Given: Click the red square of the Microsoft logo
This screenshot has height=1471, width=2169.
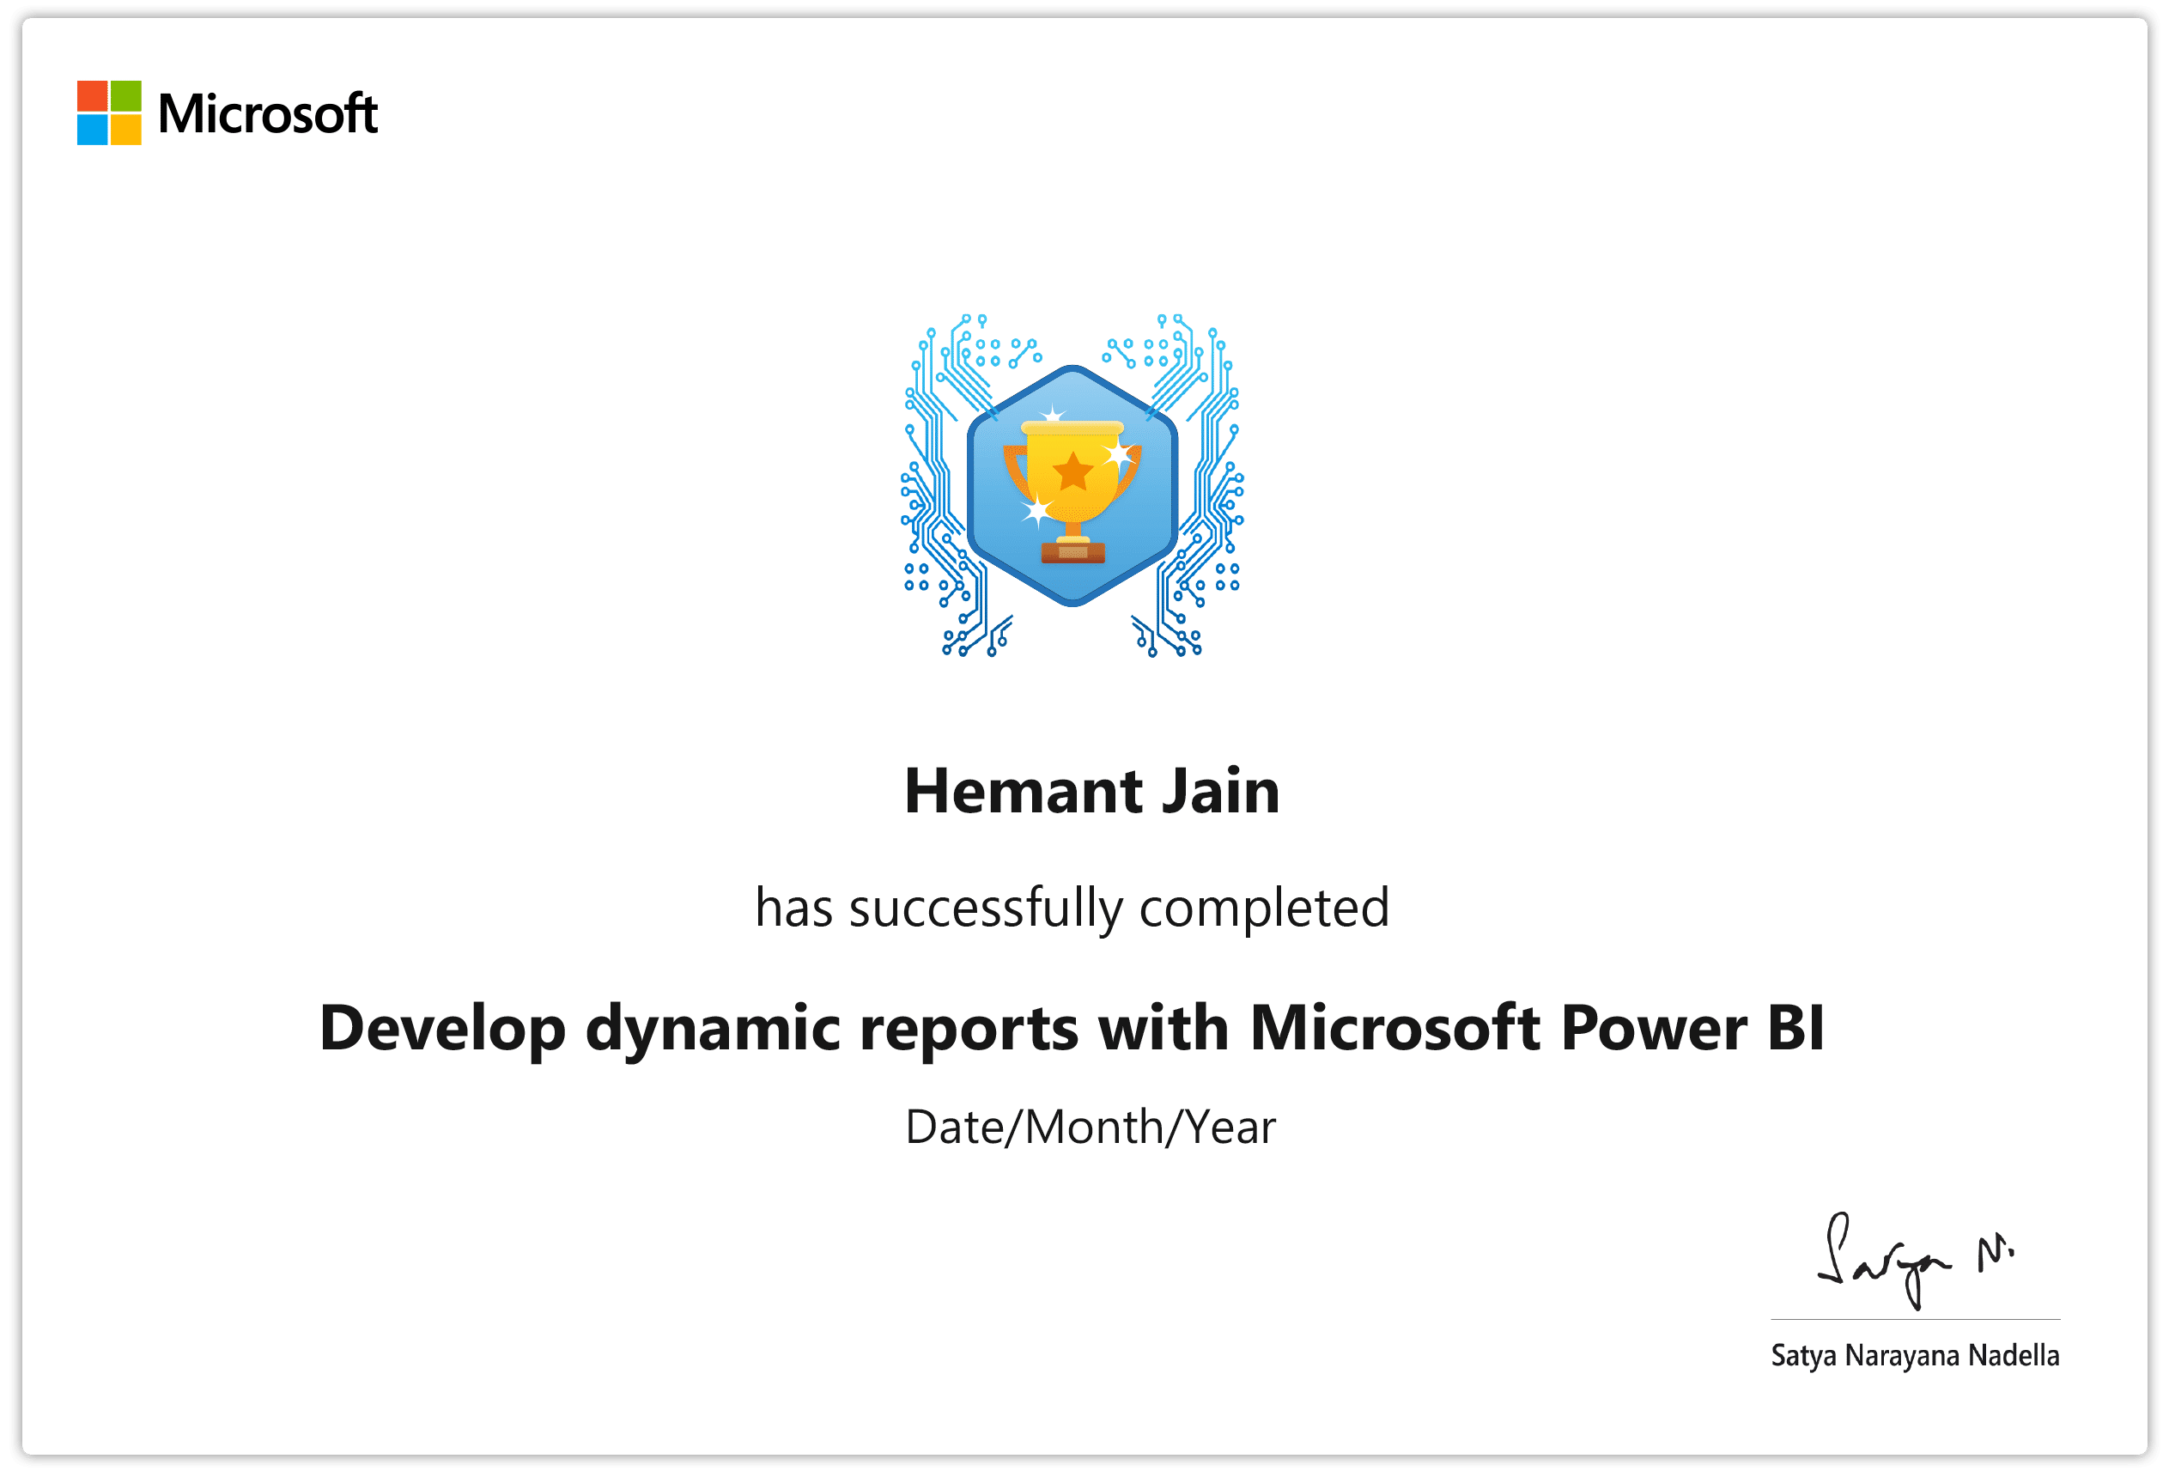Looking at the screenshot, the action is pos(93,95).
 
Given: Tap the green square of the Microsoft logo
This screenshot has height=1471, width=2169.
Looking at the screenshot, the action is pos(126,95).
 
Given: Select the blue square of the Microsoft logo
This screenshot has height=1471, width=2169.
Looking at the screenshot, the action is pos(93,129).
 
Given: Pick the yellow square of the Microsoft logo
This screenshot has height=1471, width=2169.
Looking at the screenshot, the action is pos(126,129).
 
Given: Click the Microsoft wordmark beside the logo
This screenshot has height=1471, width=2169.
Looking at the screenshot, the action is pos(268,114).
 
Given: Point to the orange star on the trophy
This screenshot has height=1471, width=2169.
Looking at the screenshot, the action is pos(1072,471).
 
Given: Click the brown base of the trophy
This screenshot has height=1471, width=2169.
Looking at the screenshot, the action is pos(1072,551).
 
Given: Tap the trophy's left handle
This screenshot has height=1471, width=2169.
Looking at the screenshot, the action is pos(1016,471).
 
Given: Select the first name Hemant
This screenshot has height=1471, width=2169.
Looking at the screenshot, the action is pos(1023,792).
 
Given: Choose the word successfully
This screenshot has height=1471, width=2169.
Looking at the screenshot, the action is pos(986,909).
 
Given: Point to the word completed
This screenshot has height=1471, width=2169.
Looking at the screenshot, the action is pos(1264,909).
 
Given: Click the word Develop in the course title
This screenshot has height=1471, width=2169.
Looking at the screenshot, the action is pos(442,1030).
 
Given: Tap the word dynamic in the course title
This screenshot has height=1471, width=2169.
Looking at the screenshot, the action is pos(713,1030).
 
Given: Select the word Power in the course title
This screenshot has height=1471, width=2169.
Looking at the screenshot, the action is pos(1654,1028).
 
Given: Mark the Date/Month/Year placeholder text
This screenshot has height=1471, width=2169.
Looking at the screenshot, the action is pos(1091,1128).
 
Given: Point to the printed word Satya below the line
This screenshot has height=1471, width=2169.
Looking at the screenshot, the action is pos(1803,1356).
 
